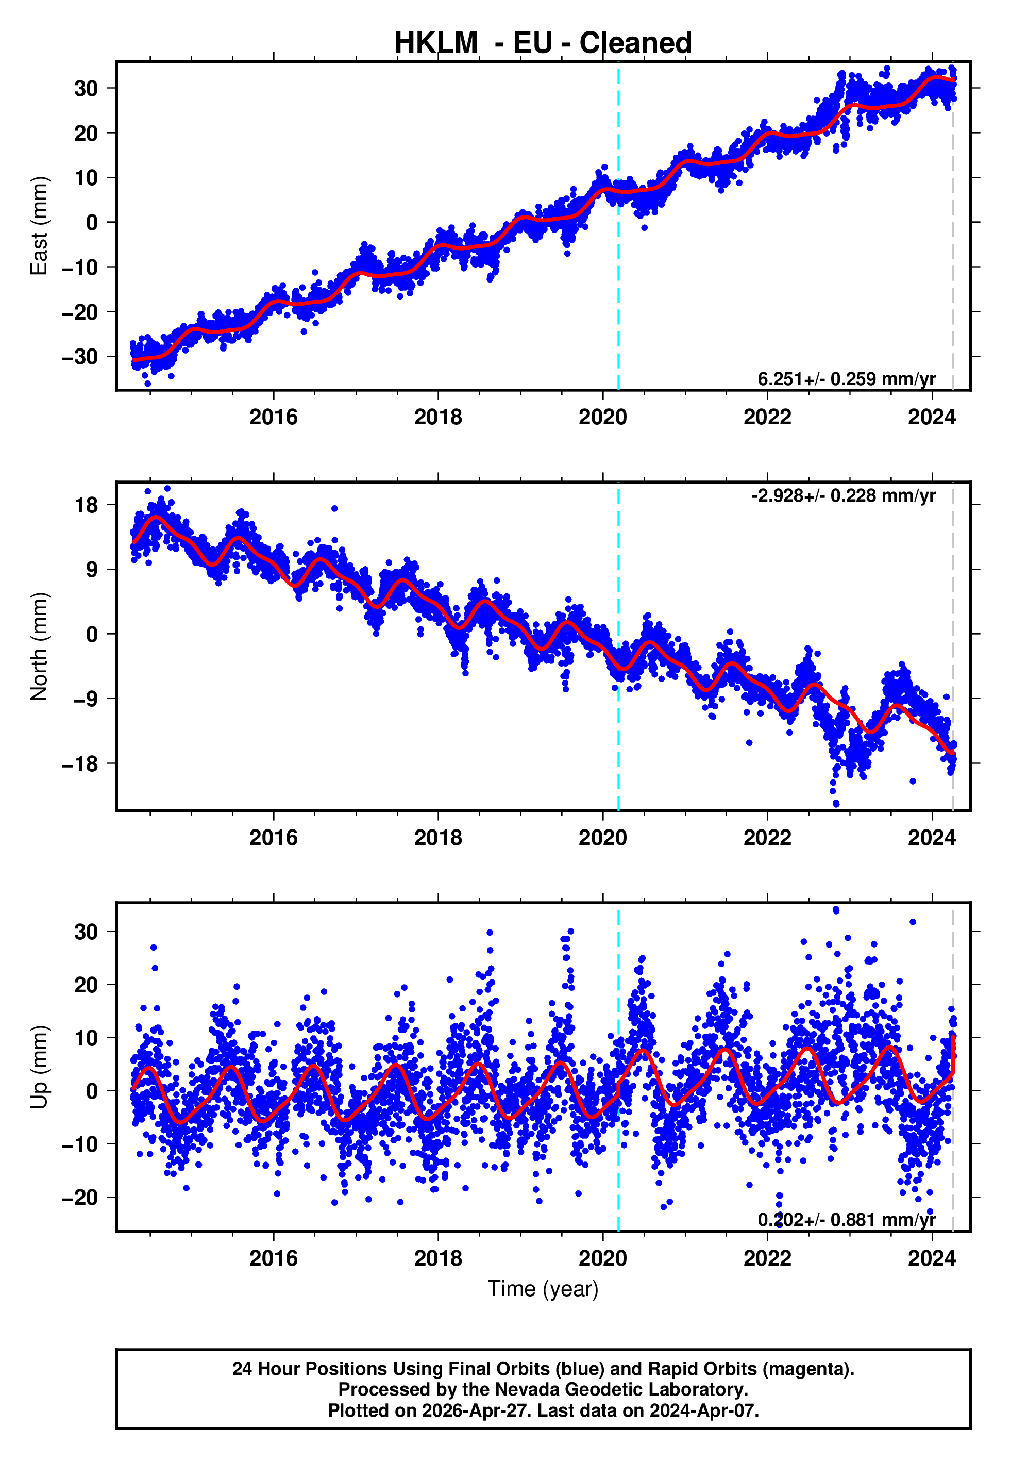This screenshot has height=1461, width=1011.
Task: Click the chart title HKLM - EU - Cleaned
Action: point(543,43)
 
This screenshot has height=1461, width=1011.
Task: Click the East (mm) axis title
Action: point(39,226)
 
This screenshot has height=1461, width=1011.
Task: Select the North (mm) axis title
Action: point(39,646)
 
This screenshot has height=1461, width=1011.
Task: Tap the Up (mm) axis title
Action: point(39,1067)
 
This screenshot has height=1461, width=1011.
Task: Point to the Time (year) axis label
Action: point(543,1289)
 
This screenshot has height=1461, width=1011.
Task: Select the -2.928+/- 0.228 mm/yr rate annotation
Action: point(843,495)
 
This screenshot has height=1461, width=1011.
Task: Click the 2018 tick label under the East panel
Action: point(437,417)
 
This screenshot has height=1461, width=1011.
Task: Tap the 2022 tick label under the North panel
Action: point(767,838)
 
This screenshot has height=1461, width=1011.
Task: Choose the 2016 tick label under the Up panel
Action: point(273,1258)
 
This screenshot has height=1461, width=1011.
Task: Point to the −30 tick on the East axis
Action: point(80,357)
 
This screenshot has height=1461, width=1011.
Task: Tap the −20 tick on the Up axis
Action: point(80,1198)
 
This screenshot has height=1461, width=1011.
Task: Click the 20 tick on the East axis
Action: point(86,133)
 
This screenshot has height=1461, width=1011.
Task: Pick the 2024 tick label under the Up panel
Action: point(932,1258)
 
